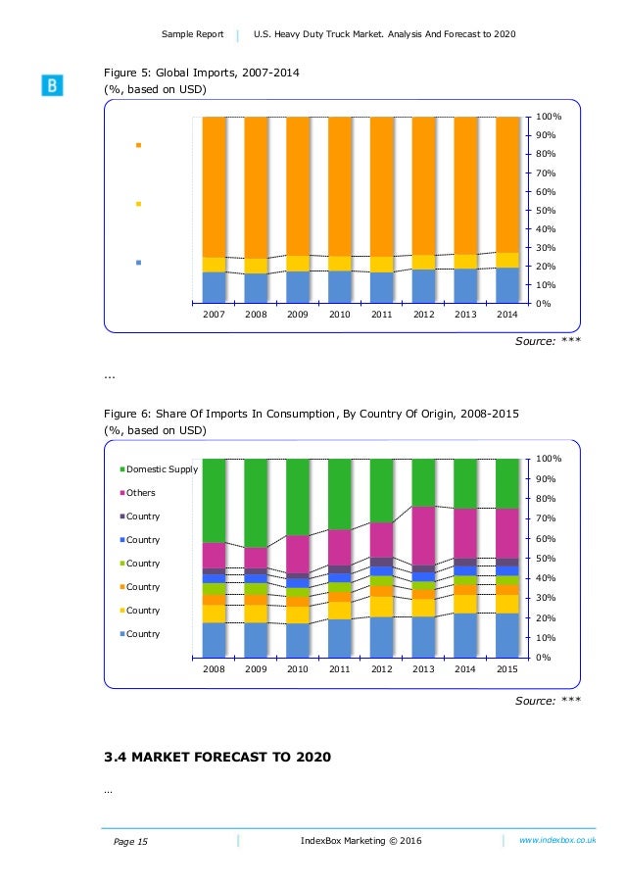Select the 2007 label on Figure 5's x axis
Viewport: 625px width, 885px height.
click(x=214, y=316)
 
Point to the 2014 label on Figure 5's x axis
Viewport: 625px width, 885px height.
click(x=506, y=316)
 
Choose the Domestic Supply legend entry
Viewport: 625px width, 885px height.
click(x=162, y=469)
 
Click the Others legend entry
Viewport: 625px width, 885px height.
click(x=141, y=493)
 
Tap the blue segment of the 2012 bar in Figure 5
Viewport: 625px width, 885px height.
click(x=423, y=286)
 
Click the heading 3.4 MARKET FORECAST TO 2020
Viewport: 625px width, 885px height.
click(x=216, y=757)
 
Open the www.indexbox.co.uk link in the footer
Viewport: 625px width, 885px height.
click(x=557, y=840)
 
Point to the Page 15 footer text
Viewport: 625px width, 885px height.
click(x=129, y=841)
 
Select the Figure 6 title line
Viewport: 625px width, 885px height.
click(x=312, y=414)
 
